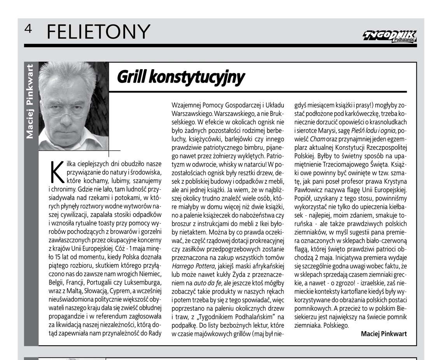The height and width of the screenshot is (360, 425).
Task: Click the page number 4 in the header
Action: coord(28,29)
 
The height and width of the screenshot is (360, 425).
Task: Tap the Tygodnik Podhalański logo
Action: coord(389,36)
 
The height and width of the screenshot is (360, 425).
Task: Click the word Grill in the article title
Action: coord(131,77)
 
